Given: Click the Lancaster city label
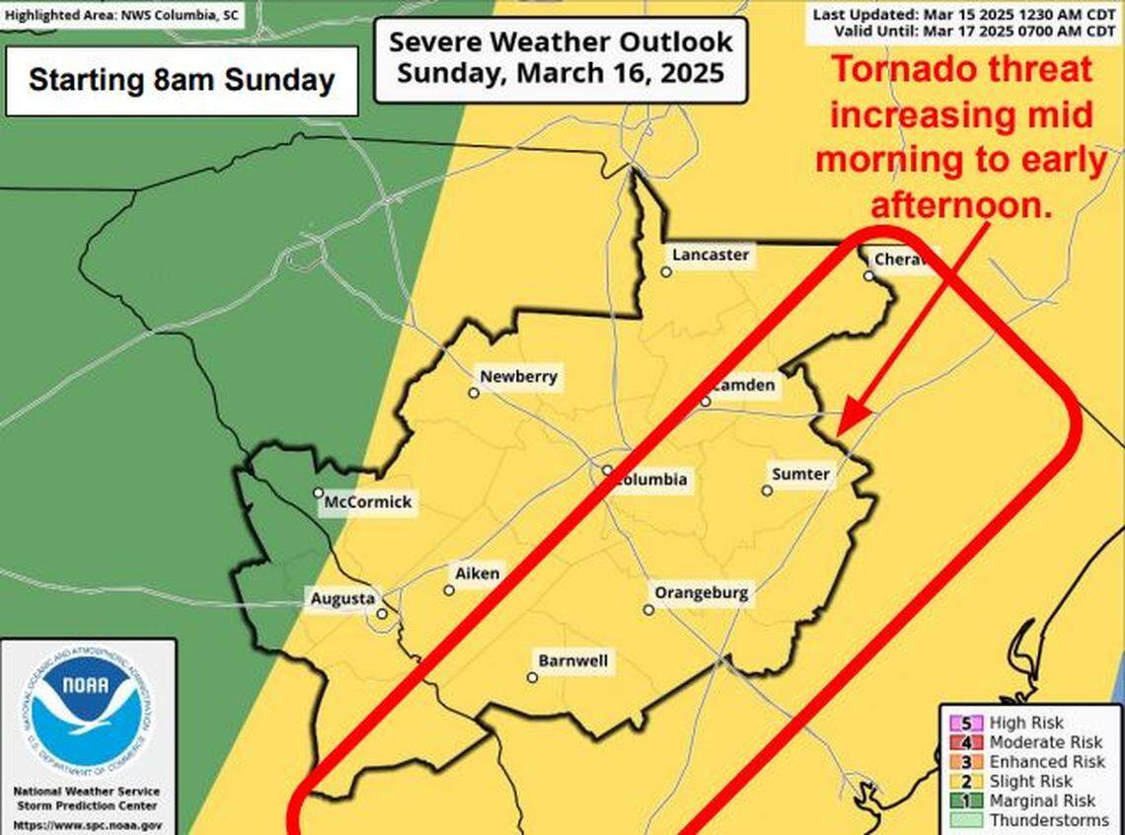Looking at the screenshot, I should pyautogui.click(x=711, y=255).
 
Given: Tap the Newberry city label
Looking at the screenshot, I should pyautogui.click(x=518, y=376).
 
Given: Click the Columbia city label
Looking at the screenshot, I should pyautogui.click(x=650, y=481).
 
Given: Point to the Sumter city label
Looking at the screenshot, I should pyautogui.click(x=800, y=475).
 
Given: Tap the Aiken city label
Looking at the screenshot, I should pyautogui.click(x=478, y=573).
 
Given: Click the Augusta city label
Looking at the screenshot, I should pyautogui.click(x=342, y=598).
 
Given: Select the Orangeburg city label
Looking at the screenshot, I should pyautogui.click(x=702, y=594).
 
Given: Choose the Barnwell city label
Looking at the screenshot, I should pyautogui.click(x=572, y=661).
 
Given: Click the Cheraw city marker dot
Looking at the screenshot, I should pyautogui.click(x=868, y=275).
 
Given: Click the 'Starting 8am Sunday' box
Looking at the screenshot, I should pyautogui.click(x=182, y=80).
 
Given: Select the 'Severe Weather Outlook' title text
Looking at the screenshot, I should pyautogui.click(x=561, y=42).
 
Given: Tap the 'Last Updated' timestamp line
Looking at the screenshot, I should pyautogui.click(x=964, y=14).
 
